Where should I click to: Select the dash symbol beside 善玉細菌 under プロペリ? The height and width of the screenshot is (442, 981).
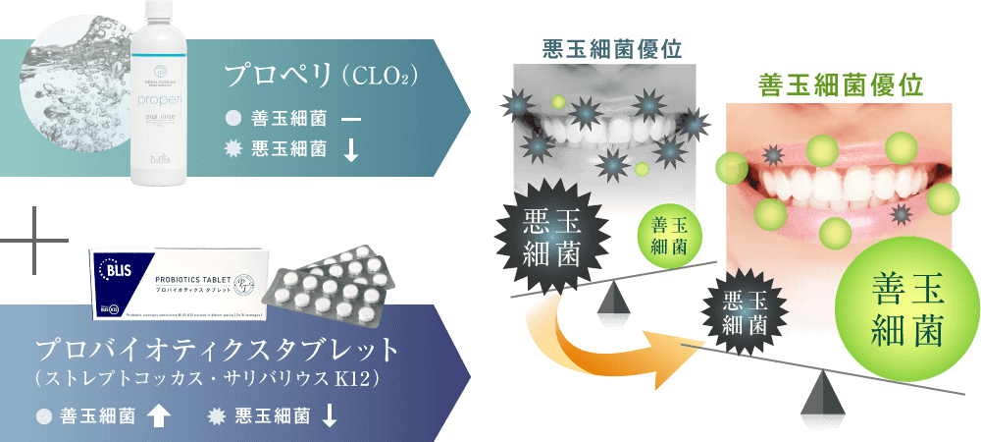click(x=350, y=120)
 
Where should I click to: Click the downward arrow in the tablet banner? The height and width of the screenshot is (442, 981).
click(x=330, y=416)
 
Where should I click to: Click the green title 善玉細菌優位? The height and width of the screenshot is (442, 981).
click(x=841, y=84)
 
